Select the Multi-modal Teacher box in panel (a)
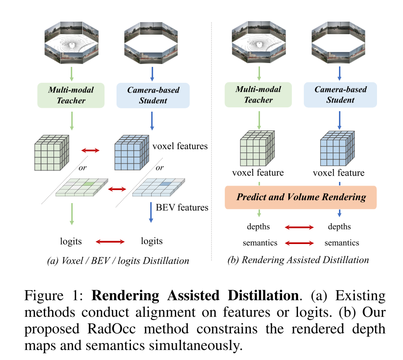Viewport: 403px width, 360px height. (x=72, y=94)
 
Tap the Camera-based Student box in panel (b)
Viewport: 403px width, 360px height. (x=340, y=94)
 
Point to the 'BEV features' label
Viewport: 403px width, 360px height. (x=182, y=207)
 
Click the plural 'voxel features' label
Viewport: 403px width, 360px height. (x=180, y=146)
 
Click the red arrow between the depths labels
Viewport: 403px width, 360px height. (x=299, y=227)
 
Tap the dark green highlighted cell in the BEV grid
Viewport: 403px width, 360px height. (x=88, y=184)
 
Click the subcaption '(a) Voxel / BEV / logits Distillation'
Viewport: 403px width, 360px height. (x=118, y=261)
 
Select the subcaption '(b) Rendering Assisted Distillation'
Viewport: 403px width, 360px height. (x=298, y=260)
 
